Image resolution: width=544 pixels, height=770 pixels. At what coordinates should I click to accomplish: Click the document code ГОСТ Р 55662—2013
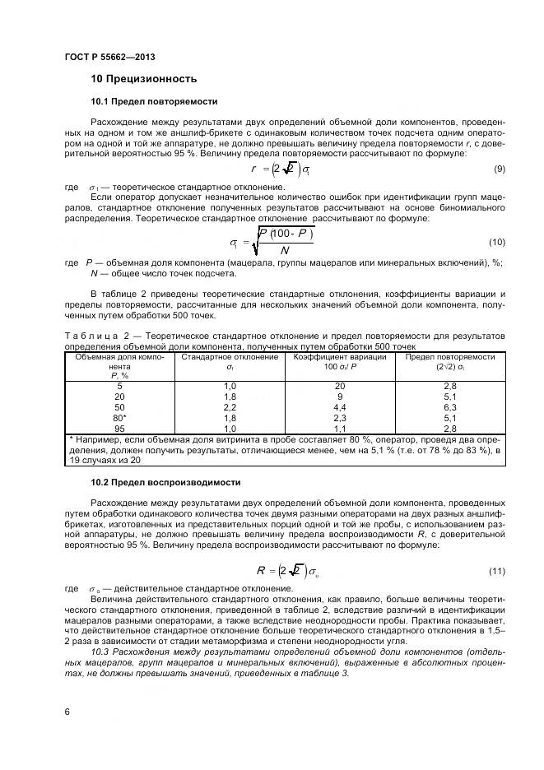[109, 57]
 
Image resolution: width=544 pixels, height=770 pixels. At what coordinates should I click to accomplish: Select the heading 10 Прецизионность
[144, 80]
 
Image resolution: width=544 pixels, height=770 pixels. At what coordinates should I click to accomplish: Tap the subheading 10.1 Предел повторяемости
[154, 102]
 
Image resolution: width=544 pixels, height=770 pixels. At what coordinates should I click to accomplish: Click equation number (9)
[499, 169]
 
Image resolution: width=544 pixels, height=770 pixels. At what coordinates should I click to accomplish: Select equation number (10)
[496, 242]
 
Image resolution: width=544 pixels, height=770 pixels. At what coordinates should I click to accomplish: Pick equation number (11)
[496, 571]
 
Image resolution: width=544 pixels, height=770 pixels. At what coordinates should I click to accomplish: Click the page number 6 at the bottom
[67, 711]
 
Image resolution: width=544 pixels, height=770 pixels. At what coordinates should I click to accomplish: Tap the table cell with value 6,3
[449, 407]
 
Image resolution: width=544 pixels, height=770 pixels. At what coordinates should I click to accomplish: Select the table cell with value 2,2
[230, 407]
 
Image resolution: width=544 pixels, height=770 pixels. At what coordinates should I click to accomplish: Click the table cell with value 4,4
[339, 407]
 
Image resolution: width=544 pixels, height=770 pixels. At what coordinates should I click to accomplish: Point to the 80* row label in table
[120, 418]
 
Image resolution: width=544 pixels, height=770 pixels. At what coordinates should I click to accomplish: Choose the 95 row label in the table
[120, 429]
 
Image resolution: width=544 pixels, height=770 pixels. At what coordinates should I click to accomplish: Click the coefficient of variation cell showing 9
[339, 397]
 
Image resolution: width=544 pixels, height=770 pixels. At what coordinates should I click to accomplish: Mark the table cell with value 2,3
[339, 418]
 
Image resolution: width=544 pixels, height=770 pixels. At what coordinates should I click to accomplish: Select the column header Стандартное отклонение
[230, 358]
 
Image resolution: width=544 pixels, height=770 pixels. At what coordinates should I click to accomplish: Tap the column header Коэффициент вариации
[339, 358]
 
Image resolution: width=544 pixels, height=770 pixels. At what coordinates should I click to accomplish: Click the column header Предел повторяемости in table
[449, 358]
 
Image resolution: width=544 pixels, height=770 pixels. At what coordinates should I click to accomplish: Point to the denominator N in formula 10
[285, 250]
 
